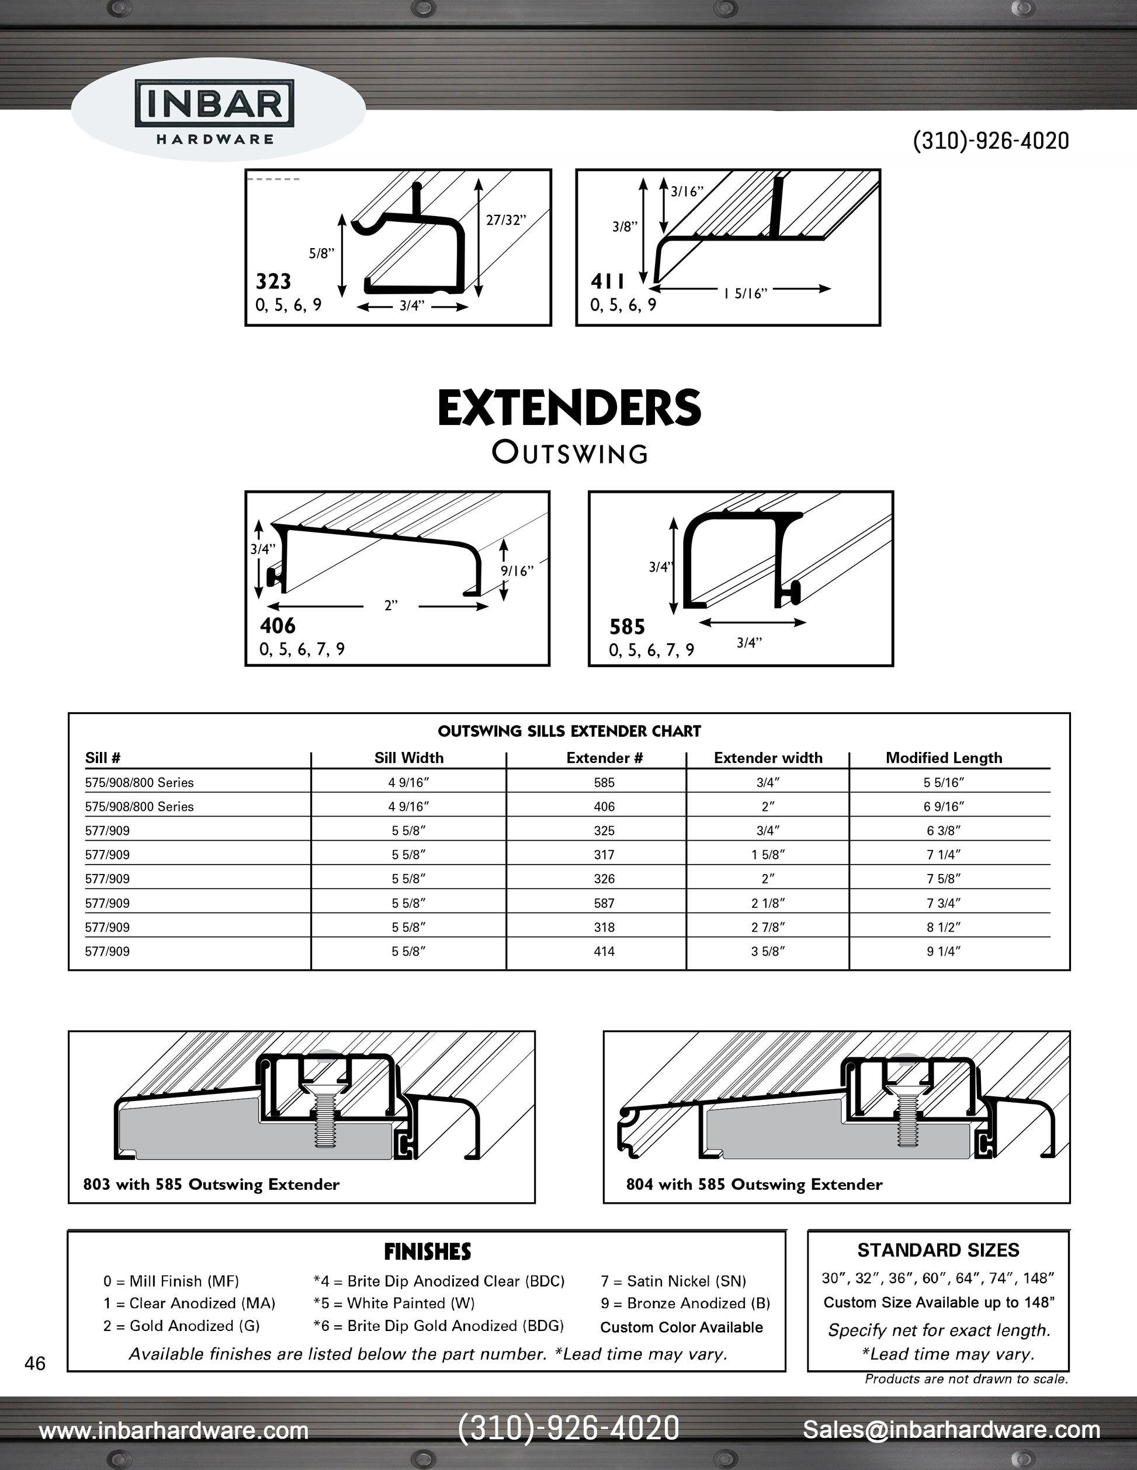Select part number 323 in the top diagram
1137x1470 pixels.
pos(273,281)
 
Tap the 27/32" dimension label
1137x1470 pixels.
pos(506,220)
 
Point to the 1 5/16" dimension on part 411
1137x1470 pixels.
pos(746,294)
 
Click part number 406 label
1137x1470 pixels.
pos(278,626)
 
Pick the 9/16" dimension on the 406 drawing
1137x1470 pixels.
pos(516,571)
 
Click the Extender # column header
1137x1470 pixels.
pos(604,758)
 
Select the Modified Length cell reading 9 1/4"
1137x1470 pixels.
pos(943,951)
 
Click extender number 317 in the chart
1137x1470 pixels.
pos(604,855)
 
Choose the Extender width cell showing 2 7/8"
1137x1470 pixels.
pos(768,927)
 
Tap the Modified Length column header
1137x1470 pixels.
pos(944,758)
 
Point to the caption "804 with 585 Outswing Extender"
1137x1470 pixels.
pos(754,1184)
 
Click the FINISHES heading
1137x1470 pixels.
pos(427,1251)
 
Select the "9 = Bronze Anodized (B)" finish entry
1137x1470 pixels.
pos(685,1303)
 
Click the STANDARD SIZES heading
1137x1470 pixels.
pos(938,1250)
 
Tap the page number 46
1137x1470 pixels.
pos(35,1363)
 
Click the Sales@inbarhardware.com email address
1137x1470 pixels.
pos(951,1429)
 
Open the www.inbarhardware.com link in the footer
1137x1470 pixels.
pos(174,1430)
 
